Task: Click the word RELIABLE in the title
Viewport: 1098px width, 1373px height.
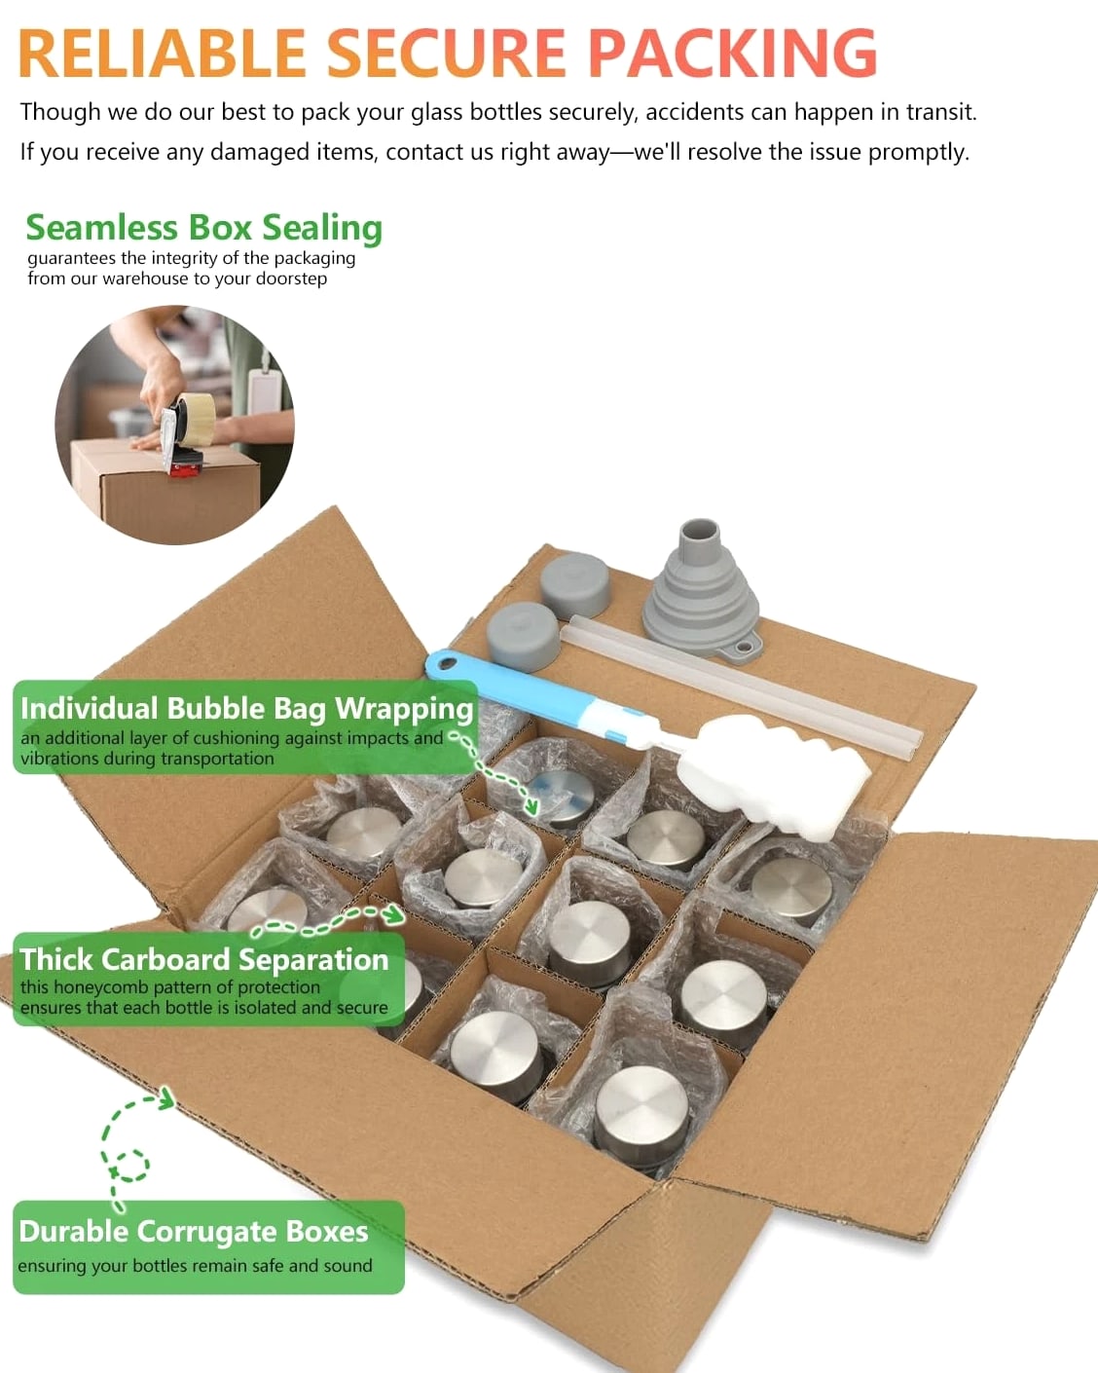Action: coord(163,53)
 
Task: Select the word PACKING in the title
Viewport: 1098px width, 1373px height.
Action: coord(732,53)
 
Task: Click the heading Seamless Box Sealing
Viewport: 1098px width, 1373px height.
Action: coord(204,229)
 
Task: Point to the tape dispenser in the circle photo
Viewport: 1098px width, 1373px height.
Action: coord(185,435)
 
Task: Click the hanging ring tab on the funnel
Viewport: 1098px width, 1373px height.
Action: coord(741,650)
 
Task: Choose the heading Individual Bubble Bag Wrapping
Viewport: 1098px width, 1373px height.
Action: coord(246,709)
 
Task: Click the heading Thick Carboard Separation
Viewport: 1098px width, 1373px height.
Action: coord(204,959)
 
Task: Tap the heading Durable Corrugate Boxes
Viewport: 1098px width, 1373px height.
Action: coord(194,1232)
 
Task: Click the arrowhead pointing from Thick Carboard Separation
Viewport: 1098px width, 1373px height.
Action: coord(394,915)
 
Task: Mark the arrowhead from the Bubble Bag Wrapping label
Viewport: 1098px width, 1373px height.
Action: coord(531,807)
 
